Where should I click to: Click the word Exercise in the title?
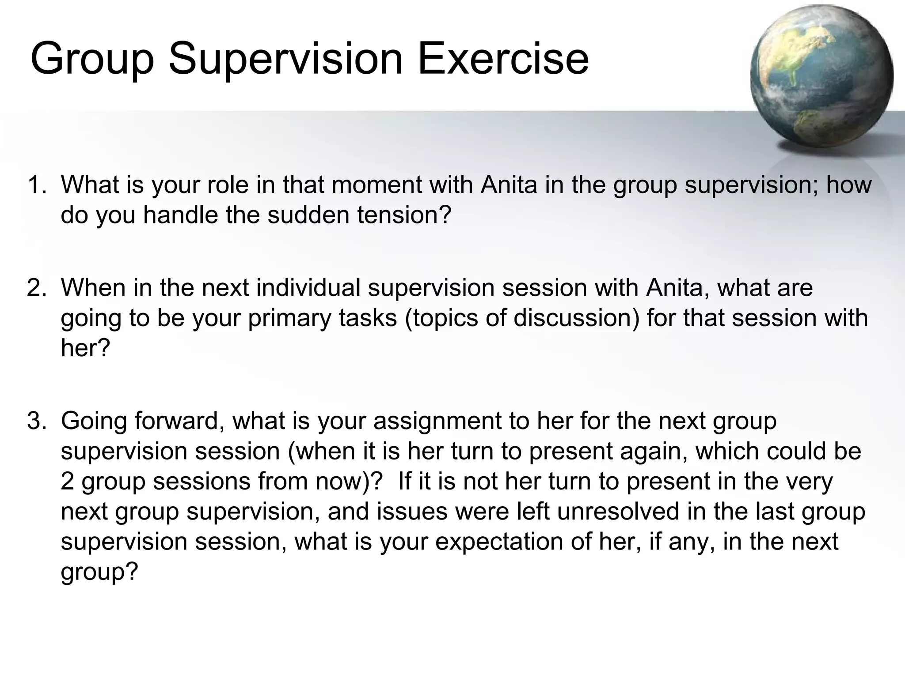click(x=503, y=59)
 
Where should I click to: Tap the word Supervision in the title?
click(x=286, y=59)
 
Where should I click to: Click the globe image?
click(x=821, y=76)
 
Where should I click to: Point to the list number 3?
click(x=37, y=421)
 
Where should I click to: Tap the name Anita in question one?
click(x=509, y=185)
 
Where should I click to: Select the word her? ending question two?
click(x=85, y=348)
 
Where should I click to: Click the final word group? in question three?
click(x=99, y=572)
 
